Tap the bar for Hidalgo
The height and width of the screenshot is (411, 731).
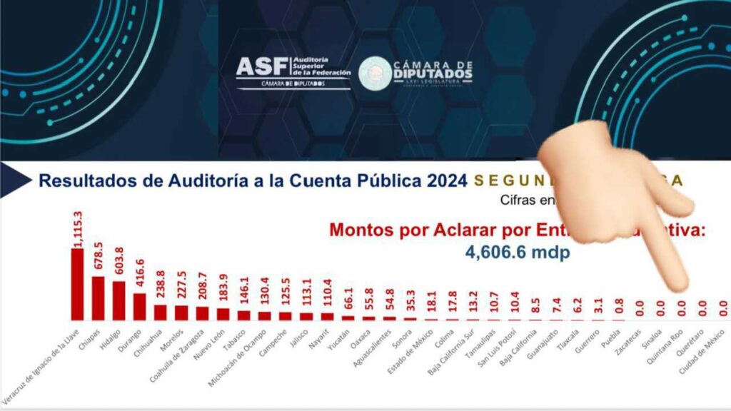(x=119, y=300)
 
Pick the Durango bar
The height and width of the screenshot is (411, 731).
(x=140, y=307)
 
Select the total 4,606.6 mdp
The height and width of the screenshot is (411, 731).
(x=518, y=253)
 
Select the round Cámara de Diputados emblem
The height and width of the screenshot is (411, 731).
(x=374, y=73)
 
